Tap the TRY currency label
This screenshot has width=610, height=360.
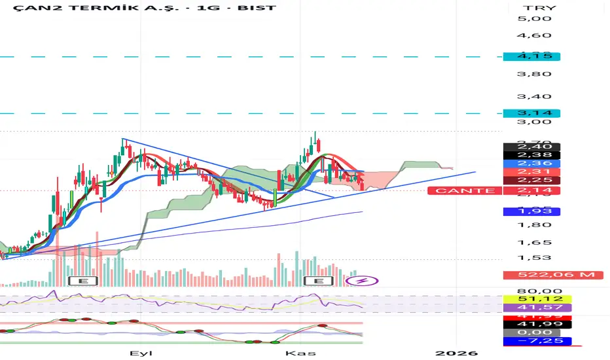point(531,9)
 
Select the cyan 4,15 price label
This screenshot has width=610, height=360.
point(532,56)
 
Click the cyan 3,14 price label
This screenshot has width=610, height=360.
point(532,113)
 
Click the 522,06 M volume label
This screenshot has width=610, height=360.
point(549,275)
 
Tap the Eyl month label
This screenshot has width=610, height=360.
point(137,353)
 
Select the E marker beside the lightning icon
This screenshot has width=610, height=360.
point(320,281)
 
